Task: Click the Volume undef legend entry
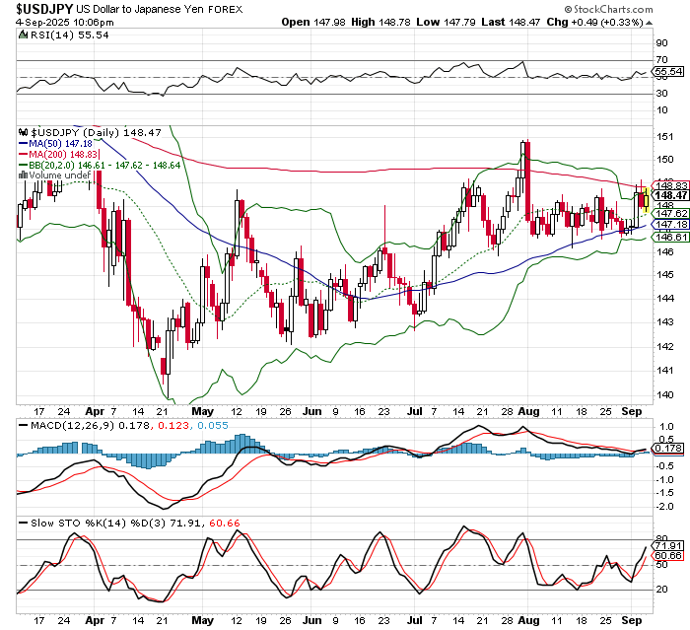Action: [x=64, y=176]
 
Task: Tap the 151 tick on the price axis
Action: [x=665, y=136]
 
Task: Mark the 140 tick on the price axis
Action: [x=665, y=393]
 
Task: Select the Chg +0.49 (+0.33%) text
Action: [x=636, y=21]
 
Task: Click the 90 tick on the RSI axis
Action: [x=662, y=43]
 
